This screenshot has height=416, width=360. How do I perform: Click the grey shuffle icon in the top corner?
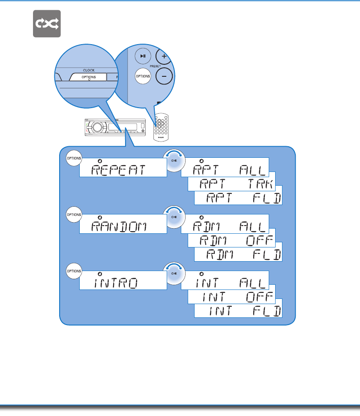[x=47, y=24]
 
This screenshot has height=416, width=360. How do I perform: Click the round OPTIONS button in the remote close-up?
[x=143, y=76]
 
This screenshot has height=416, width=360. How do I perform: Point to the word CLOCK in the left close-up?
[x=89, y=70]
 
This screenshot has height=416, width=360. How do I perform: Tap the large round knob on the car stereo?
[x=96, y=127]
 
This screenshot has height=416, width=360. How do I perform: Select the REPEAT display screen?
[x=123, y=167]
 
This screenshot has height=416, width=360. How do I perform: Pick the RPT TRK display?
[x=231, y=184]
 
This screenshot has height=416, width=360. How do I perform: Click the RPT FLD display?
[x=238, y=198]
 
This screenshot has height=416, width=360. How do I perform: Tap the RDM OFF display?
[x=231, y=241]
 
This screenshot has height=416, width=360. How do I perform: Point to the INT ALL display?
[x=225, y=281]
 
